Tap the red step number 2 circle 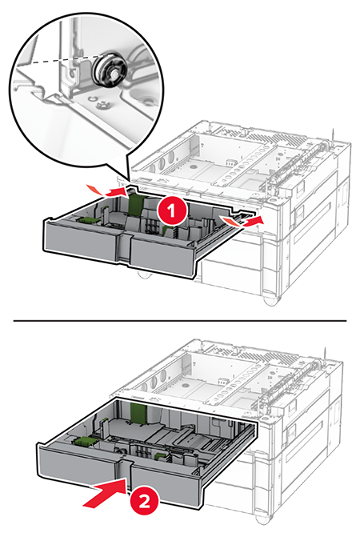[x=144, y=501]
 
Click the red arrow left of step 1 [x=108, y=190]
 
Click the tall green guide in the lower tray [x=139, y=414]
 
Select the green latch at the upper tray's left [x=86, y=221]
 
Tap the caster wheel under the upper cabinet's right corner [x=271, y=299]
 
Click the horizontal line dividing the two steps [x=180, y=321]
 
